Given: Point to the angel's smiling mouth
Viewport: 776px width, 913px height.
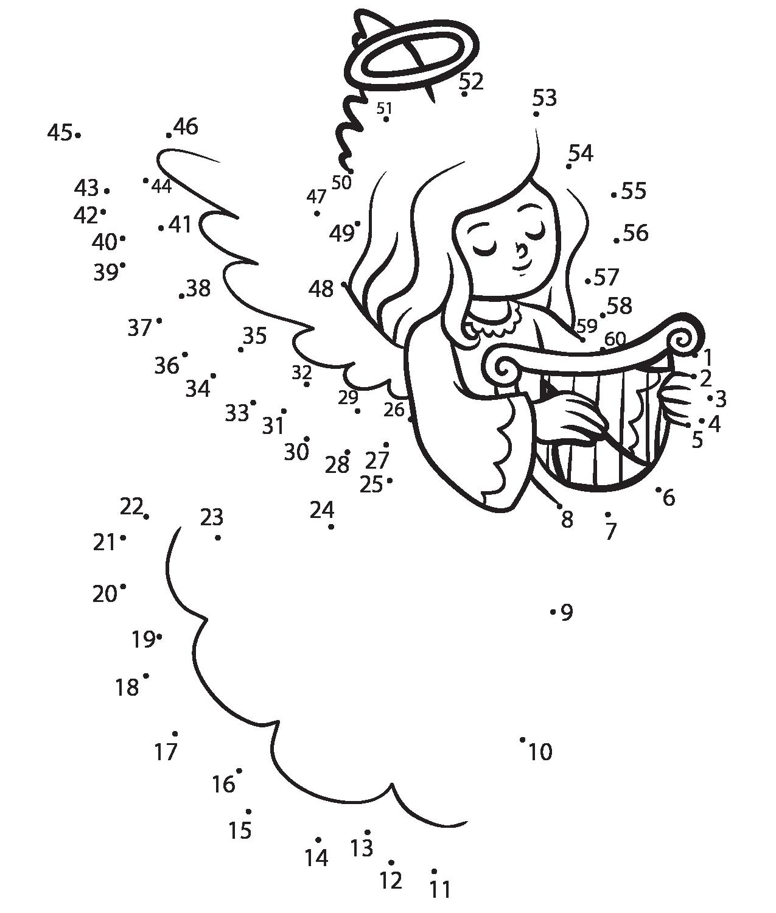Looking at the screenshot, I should pyautogui.click(x=522, y=267).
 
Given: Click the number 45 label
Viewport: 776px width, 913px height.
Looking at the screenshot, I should pyautogui.click(x=60, y=133).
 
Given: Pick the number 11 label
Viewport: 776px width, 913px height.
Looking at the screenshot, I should pyautogui.click(x=439, y=890).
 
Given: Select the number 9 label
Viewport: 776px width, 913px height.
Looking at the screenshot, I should pyautogui.click(x=567, y=613).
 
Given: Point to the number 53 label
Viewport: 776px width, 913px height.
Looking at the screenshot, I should pyautogui.click(x=544, y=97).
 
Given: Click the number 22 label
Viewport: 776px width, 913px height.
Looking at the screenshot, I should pyautogui.click(x=131, y=506).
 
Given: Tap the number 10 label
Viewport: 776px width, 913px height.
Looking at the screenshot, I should pyautogui.click(x=540, y=752).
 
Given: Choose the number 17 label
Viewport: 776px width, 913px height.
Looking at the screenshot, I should pyautogui.click(x=166, y=752).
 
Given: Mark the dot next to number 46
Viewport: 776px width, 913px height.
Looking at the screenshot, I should pyautogui.click(x=169, y=135).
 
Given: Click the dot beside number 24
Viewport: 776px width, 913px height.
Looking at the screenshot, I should pyautogui.click(x=331, y=526).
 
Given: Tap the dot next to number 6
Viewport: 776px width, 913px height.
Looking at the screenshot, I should pyautogui.click(x=659, y=489).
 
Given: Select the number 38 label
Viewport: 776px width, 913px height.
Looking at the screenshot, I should pyautogui.click(x=198, y=288).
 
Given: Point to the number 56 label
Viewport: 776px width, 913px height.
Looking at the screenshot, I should pyautogui.click(x=636, y=233).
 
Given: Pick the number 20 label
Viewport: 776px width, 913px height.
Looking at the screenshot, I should pyautogui.click(x=104, y=593).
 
